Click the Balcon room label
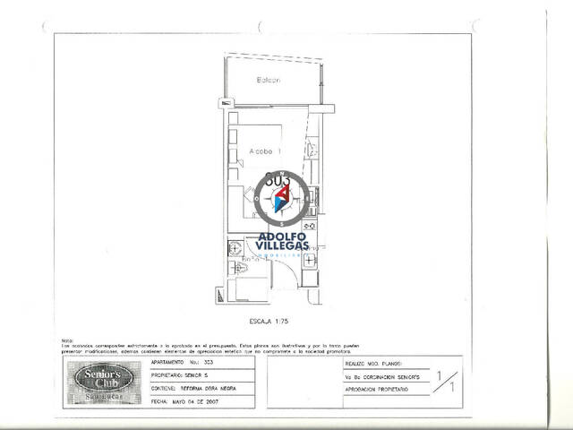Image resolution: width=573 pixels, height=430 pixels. click(269, 81)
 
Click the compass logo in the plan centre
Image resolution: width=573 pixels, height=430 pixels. click(283, 197)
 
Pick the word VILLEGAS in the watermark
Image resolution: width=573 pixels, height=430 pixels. click(283, 245)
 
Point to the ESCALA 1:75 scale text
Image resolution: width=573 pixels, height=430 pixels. click(269, 320)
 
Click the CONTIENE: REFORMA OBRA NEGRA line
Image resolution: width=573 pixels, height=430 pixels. click(193, 390)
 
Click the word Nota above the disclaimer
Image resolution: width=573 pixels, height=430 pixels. click(66, 340)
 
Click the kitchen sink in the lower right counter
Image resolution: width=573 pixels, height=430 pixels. click(308, 261)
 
